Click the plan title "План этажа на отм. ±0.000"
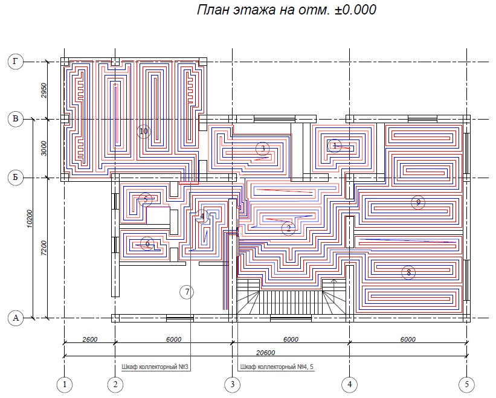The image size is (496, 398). tap(286, 10)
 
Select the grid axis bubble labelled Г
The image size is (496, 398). tap(14, 61)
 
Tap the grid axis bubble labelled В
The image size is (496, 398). tap(14, 119)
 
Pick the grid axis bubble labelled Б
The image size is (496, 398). tap(14, 178)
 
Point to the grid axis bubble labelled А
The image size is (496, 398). tap(14, 318)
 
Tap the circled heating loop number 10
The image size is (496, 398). tap(143, 131)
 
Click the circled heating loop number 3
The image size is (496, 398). tap(262, 148)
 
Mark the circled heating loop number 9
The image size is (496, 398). tap(417, 202)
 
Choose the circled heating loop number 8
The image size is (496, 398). tap(408, 272)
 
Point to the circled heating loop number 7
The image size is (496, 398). tap(187, 292)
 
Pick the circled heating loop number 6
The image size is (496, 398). tap(147, 244)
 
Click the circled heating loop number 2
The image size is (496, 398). tap(288, 228)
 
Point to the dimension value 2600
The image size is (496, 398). tap(89, 339)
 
